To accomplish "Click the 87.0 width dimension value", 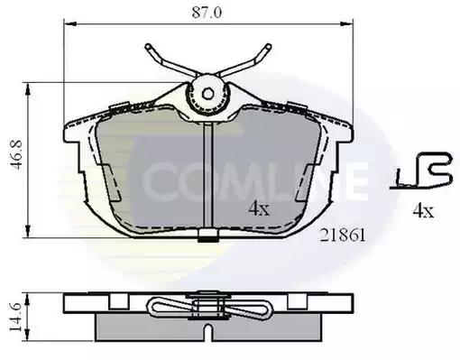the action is point(207,13).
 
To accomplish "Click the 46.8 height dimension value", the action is point(17,154).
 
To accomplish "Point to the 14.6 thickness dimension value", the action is point(16,317).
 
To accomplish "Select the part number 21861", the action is point(343,235).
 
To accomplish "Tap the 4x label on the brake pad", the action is point(259,208).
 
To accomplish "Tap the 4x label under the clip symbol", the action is point(423,210).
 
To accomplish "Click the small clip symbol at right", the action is point(421,171).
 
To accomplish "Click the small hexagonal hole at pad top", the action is point(207,94).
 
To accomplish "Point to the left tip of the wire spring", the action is point(148,47).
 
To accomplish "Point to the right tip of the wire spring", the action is point(268,47).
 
